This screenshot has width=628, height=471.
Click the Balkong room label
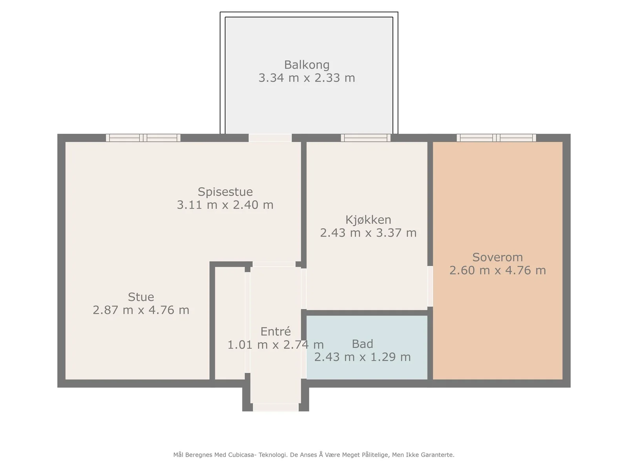307,65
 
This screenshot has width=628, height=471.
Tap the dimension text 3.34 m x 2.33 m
307,78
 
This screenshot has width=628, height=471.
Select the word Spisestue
225,192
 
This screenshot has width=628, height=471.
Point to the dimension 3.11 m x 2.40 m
225,205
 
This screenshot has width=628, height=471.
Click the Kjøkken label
368,220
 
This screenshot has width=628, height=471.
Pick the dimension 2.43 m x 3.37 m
368,233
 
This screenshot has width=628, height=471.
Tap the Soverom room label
498,257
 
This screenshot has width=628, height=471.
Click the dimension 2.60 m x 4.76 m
498,270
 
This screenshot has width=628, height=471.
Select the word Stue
141,297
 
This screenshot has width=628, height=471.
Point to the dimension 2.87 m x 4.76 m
141,310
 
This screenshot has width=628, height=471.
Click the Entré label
276,331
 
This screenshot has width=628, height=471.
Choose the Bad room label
363,344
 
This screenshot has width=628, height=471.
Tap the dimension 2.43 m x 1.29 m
363,357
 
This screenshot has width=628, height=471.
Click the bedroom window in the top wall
496,138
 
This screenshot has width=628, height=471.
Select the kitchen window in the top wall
366,138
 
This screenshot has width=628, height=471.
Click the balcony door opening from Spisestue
270,138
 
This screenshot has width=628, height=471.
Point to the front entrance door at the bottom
276,407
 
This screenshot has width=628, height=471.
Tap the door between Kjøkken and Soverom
430,286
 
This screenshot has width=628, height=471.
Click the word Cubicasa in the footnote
242,455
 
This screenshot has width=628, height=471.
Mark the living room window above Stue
143,138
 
